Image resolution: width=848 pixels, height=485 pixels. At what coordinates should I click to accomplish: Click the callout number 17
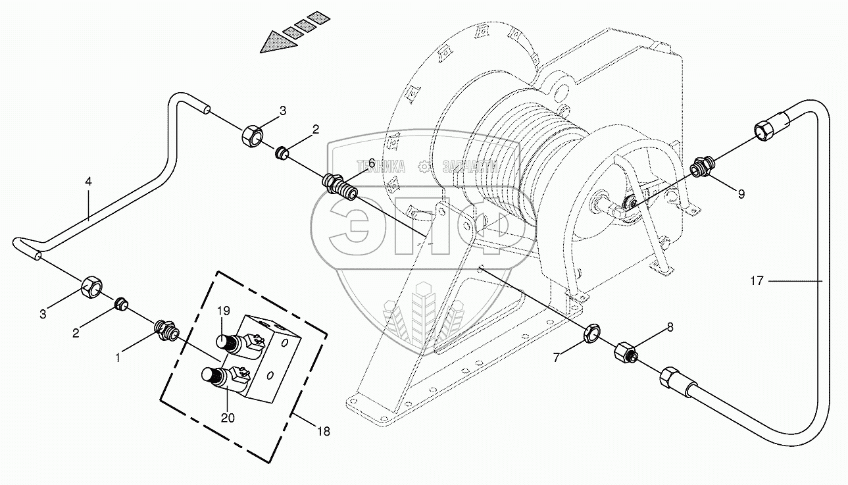coord(757,281)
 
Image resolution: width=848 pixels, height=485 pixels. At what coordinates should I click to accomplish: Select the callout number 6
coord(371,163)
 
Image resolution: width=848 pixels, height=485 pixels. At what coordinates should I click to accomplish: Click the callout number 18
coord(323,431)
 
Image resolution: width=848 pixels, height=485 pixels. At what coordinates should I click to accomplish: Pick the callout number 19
coord(224,310)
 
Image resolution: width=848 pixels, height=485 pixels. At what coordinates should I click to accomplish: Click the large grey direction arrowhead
coord(277,42)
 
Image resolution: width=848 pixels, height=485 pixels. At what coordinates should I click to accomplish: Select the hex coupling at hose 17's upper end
coord(770,127)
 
